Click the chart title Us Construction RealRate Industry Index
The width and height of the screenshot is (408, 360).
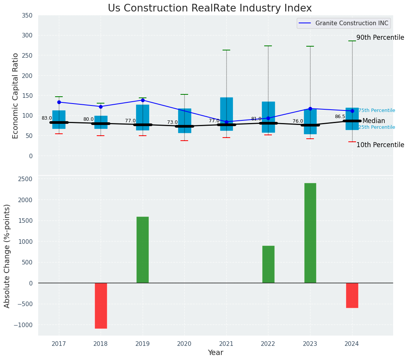point(210,8)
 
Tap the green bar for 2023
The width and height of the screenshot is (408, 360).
point(310,233)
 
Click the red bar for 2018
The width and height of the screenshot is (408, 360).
point(101,305)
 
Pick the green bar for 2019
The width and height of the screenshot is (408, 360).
point(143,250)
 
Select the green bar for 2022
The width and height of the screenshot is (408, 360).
point(268,264)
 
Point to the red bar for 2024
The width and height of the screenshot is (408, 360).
point(352,295)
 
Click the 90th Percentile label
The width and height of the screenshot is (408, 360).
point(380,37)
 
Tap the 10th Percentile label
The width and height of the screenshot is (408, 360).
point(380,145)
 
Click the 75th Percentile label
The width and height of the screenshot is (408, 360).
point(377,110)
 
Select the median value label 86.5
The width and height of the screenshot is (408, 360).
point(340,117)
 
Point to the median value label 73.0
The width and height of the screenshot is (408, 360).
point(172,122)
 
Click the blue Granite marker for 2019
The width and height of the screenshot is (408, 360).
point(143,100)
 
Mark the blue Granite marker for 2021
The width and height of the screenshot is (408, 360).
point(226,122)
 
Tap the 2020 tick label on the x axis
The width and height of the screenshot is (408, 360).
point(184,344)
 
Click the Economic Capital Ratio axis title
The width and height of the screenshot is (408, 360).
point(16,96)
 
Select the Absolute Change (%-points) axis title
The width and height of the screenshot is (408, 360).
point(7,256)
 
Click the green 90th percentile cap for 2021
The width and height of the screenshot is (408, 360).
point(226,50)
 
